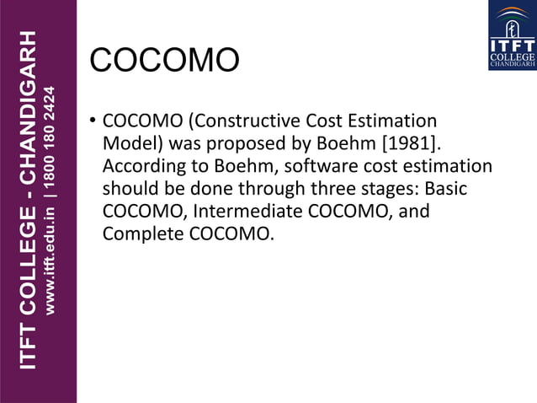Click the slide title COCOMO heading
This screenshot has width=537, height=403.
coord(165,61)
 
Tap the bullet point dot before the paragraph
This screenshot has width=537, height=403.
coord(93,121)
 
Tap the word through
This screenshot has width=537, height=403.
coord(262,189)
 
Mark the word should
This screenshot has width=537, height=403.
coord(130,189)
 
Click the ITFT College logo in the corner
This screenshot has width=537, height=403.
coord(512,35)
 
